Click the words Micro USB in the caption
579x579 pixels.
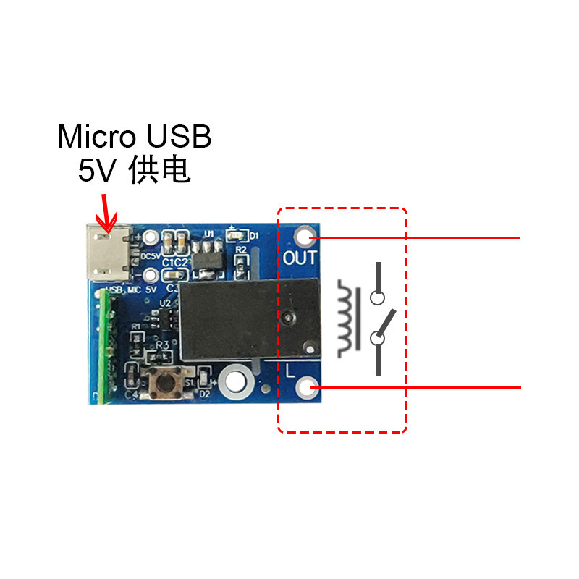(x=135, y=136)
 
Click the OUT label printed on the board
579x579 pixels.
(x=300, y=258)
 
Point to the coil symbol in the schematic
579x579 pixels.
(x=348, y=318)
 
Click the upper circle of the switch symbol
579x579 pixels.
(x=377, y=297)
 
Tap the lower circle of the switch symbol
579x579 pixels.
(x=377, y=337)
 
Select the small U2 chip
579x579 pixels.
(x=166, y=318)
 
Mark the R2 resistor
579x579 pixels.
(x=242, y=264)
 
